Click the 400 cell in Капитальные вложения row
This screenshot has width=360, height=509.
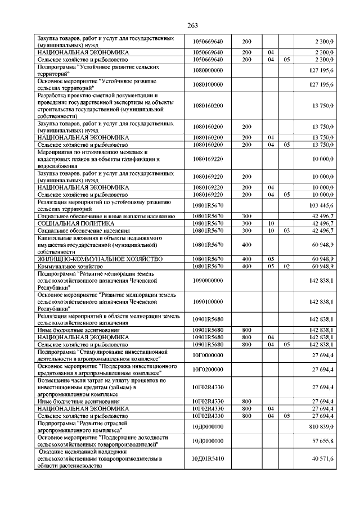click(246, 245)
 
